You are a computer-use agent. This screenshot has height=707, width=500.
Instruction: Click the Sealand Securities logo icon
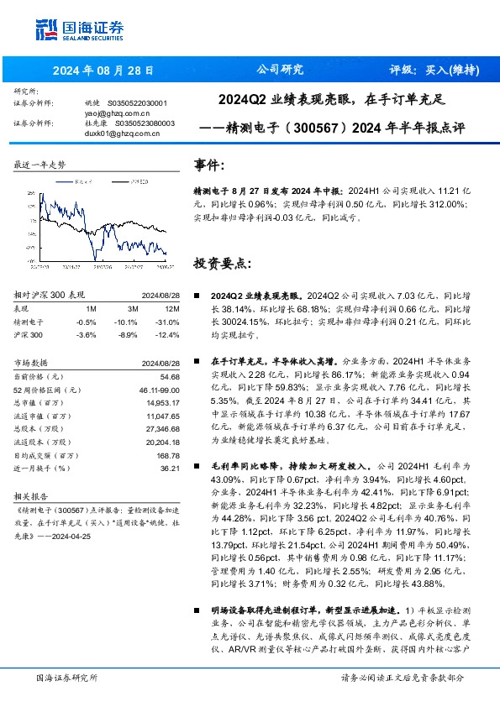47,28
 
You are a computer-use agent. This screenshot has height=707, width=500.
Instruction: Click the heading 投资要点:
222,263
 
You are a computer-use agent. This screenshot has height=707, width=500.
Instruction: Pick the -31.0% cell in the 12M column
168,322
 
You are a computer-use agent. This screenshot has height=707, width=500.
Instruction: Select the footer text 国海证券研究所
66,677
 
